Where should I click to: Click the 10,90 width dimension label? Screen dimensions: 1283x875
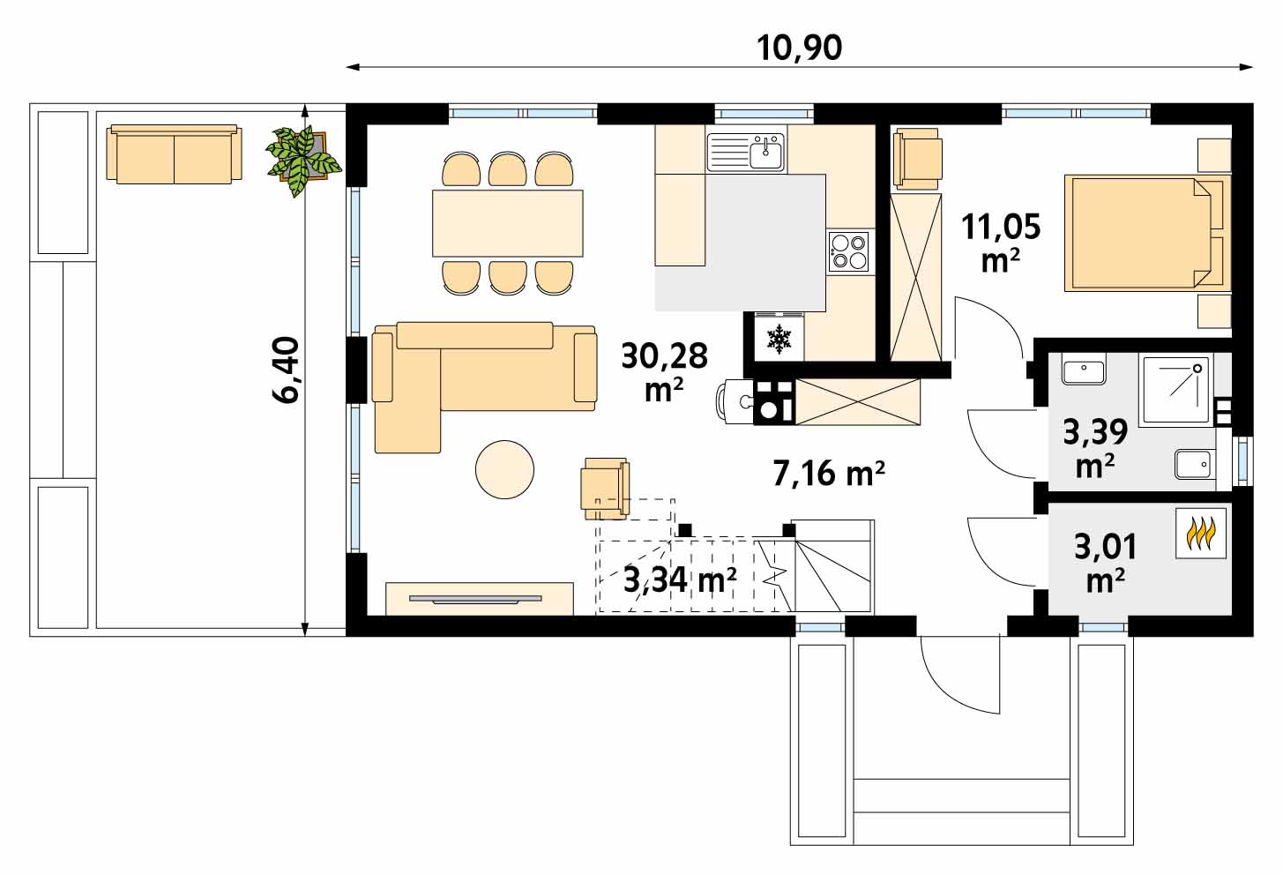pos(799,48)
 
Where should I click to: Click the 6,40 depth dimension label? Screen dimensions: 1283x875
pos(285,370)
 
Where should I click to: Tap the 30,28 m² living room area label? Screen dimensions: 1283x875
pos(664,372)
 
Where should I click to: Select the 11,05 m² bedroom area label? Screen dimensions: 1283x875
pos(1001,243)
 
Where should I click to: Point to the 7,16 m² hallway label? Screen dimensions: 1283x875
pos(829,474)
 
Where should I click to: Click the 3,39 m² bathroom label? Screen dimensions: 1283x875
pos(1095,447)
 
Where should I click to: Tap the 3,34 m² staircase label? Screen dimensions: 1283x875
pos(680,580)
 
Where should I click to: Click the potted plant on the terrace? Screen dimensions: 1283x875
pos(303,160)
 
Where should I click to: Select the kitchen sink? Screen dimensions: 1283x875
pos(746,153)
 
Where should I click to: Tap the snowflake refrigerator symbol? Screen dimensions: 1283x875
pos(779,340)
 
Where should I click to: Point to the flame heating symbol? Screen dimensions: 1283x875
pos(1201,533)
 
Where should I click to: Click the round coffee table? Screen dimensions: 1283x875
pos(504,469)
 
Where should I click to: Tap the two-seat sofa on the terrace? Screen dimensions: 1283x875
pos(174,154)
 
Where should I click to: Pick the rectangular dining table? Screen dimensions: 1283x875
pos(508,223)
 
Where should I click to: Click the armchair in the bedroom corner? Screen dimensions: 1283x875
pos(918,159)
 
